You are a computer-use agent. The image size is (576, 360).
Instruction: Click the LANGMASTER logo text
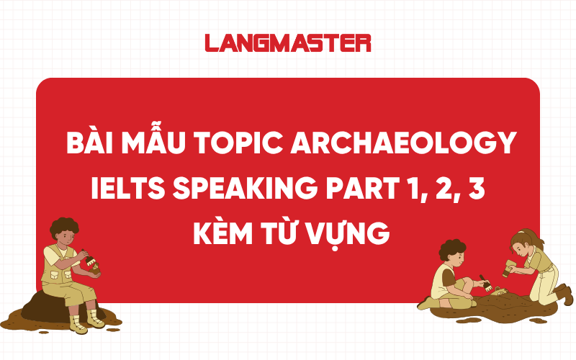pos(287,42)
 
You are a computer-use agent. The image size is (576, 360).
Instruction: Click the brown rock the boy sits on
pos(43,306)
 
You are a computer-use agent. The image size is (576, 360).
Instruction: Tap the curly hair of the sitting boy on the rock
pos(63,228)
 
